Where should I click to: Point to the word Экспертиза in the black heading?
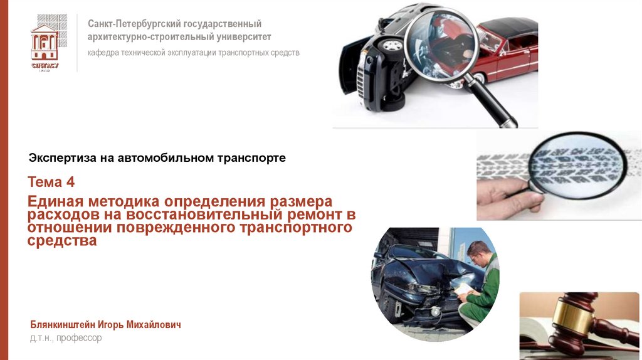click(x=62, y=158)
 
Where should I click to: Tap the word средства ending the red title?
click(x=62, y=240)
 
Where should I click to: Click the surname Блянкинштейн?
click(x=62, y=325)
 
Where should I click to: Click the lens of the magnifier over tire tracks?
click(x=578, y=165)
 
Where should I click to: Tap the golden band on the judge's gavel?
click(x=572, y=315)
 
